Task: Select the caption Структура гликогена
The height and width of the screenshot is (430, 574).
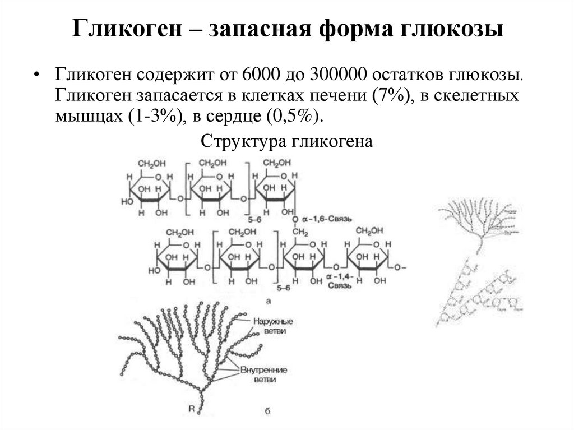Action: (286, 141)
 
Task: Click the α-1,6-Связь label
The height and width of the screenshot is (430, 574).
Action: (330, 219)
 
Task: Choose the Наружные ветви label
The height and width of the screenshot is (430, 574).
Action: (274, 326)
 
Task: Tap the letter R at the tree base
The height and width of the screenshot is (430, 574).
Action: (191, 409)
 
